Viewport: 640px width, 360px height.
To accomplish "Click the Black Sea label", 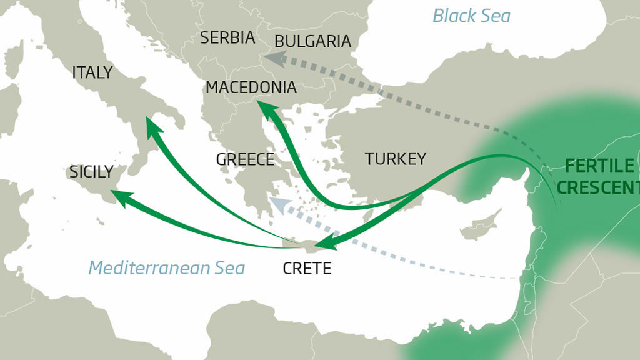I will pyautogui.click(x=471, y=16).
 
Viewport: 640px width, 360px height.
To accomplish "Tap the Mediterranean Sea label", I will pyautogui.click(x=166, y=268).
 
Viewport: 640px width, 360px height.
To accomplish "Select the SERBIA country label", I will pyautogui.click(x=227, y=38).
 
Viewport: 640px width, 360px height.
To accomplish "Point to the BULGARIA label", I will pyautogui.click(x=312, y=42).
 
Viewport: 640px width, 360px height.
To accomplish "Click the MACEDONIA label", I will pyautogui.click(x=251, y=87).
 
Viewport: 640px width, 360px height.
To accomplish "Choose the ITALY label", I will pyautogui.click(x=92, y=72).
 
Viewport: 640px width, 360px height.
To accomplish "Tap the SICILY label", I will pyautogui.click(x=91, y=172).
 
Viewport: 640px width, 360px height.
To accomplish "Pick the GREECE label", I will pyautogui.click(x=245, y=159).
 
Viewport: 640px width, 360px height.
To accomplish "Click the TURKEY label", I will pyautogui.click(x=396, y=159).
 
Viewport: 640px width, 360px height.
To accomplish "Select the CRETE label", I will pyautogui.click(x=306, y=269).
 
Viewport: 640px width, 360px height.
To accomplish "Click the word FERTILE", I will pyautogui.click(x=599, y=166).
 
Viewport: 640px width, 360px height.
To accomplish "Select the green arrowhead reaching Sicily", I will pyautogui.click(x=119, y=197).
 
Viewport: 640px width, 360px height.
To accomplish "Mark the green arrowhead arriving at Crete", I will pyautogui.click(x=324, y=244).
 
